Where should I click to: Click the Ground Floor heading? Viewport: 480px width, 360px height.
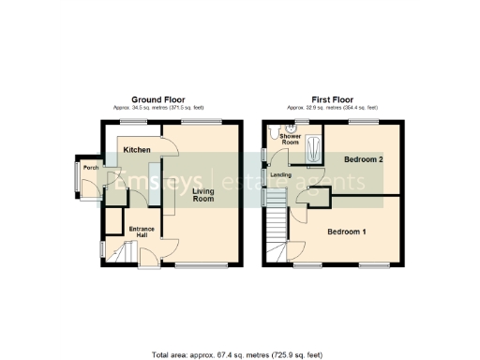157,99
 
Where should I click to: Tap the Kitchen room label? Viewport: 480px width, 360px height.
138,149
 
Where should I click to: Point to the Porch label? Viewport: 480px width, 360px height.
91,168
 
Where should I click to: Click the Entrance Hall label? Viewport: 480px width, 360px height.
142,232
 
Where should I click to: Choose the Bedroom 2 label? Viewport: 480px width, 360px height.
364,159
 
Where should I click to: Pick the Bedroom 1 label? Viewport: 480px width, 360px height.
347,231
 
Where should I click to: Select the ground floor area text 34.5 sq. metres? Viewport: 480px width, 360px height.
157,109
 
